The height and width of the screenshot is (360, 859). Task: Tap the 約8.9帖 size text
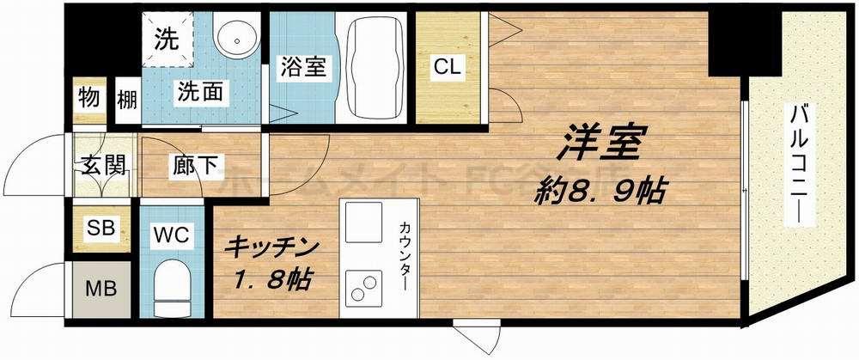[600, 188]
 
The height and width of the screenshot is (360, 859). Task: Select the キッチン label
[272, 247]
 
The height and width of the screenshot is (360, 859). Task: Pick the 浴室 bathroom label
[301, 68]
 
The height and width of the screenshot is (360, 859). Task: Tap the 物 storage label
[88, 96]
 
